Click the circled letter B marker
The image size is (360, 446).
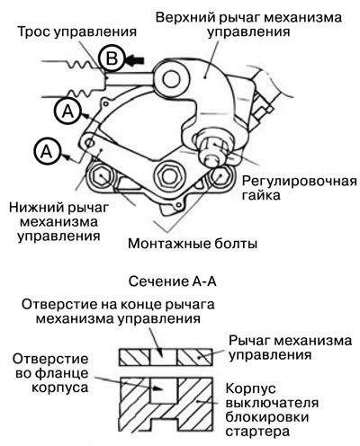pyautogui.click(x=112, y=58)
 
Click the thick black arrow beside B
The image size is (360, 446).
pyautogui.click(x=135, y=60)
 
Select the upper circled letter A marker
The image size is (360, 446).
pyautogui.click(x=68, y=111)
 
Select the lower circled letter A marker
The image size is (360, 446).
pyautogui.click(x=48, y=152)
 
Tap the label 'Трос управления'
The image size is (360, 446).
pyautogui.click(x=77, y=31)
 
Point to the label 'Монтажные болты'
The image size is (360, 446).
pyautogui.click(x=193, y=244)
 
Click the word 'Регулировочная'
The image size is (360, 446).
pyautogui.click(x=300, y=181)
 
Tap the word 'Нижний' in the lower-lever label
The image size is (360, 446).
pyautogui.click(x=35, y=208)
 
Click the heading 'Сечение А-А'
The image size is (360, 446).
pyautogui.click(x=173, y=281)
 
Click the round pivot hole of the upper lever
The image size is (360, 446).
pyautogui.click(x=172, y=79)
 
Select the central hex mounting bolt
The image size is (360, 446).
pyautogui.click(x=167, y=175)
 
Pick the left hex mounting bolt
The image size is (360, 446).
pyautogui.click(x=101, y=175)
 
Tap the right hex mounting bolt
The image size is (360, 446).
pyautogui.click(x=220, y=175)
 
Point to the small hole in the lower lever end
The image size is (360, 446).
pyautogui.click(x=89, y=142)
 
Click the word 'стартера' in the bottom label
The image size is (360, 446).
pyautogui.click(x=257, y=432)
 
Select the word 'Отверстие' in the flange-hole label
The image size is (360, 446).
pyautogui.click(x=50, y=359)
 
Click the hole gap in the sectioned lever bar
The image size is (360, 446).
pyautogui.click(x=163, y=357)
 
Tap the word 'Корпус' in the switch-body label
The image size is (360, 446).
pyautogui.click(x=250, y=389)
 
